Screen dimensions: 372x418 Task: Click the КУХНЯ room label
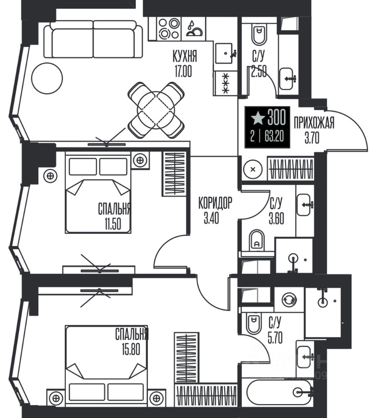[x=184, y=56]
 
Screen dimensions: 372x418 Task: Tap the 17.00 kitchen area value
[x=183, y=71]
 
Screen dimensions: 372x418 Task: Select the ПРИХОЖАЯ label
[x=314, y=123]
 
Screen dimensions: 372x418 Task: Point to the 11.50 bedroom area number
[x=113, y=224]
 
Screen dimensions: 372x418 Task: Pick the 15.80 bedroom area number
[x=131, y=349]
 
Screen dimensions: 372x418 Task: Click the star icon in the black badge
[x=258, y=118]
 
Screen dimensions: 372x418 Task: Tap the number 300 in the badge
[x=277, y=117]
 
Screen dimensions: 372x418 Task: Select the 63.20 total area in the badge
[x=274, y=137]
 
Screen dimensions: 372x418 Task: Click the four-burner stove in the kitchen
[x=169, y=28]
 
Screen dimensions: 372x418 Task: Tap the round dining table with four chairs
[x=156, y=110]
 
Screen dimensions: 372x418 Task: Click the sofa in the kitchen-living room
[x=93, y=40]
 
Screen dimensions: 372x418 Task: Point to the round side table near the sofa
[x=47, y=78]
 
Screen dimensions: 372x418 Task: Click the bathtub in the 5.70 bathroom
[x=278, y=392]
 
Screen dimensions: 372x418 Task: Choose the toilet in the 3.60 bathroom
[x=257, y=239]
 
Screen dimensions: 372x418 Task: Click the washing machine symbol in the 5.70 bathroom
[x=290, y=299]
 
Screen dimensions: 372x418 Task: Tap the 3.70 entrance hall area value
[x=312, y=138]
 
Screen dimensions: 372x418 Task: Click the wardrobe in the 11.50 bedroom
[x=174, y=174]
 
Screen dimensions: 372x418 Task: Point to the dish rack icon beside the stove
[x=194, y=28]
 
